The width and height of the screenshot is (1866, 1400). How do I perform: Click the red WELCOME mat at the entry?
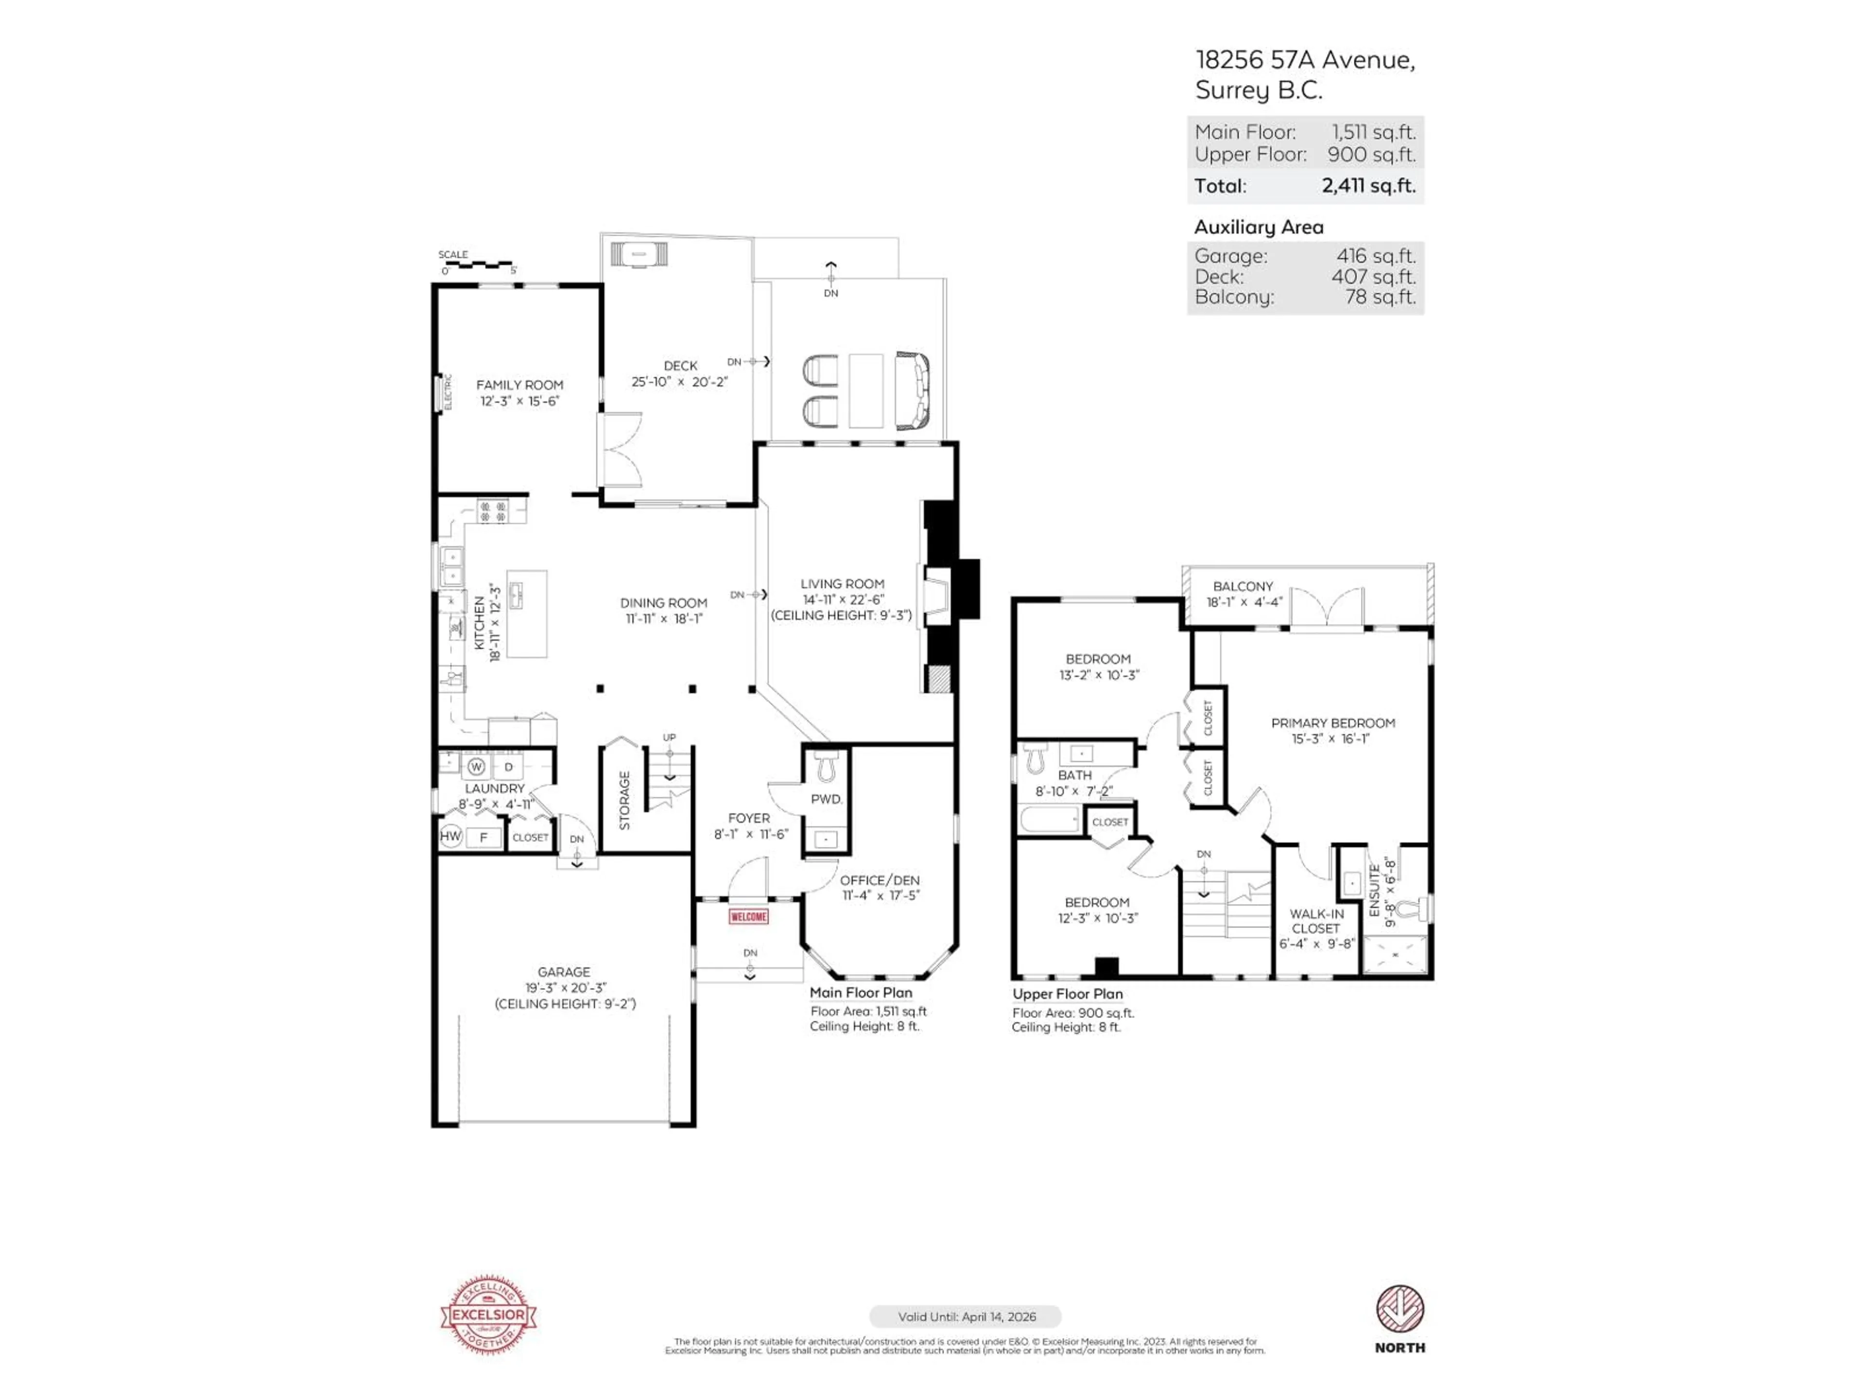pyautogui.click(x=748, y=916)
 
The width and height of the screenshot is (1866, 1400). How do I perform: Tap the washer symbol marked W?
pyautogui.click(x=477, y=766)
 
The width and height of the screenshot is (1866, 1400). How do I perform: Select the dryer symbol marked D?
pyautogui.click(x=509, y=766)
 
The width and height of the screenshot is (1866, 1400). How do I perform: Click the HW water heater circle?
pyautogui.click(x=450, y=836)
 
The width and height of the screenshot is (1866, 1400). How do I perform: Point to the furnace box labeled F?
pyautogui.click(x=484, y=837)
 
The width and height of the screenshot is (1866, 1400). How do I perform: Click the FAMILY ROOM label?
pyautogui.click(x=519, y=385)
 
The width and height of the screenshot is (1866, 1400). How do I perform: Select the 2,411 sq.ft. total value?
pyautogui.click(x=1368, y=186)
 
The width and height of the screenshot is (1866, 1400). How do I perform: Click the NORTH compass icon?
pyautogui.click(x=1399, y=1310)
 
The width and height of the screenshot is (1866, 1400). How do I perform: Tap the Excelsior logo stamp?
pyautogui.click(x=488, y=1314)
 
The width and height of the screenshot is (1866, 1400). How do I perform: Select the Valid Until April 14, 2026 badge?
pyautogui.click(x=966, y=1316)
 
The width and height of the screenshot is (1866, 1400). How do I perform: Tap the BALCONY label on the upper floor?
pyautogui.click(x=1243, y=586)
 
